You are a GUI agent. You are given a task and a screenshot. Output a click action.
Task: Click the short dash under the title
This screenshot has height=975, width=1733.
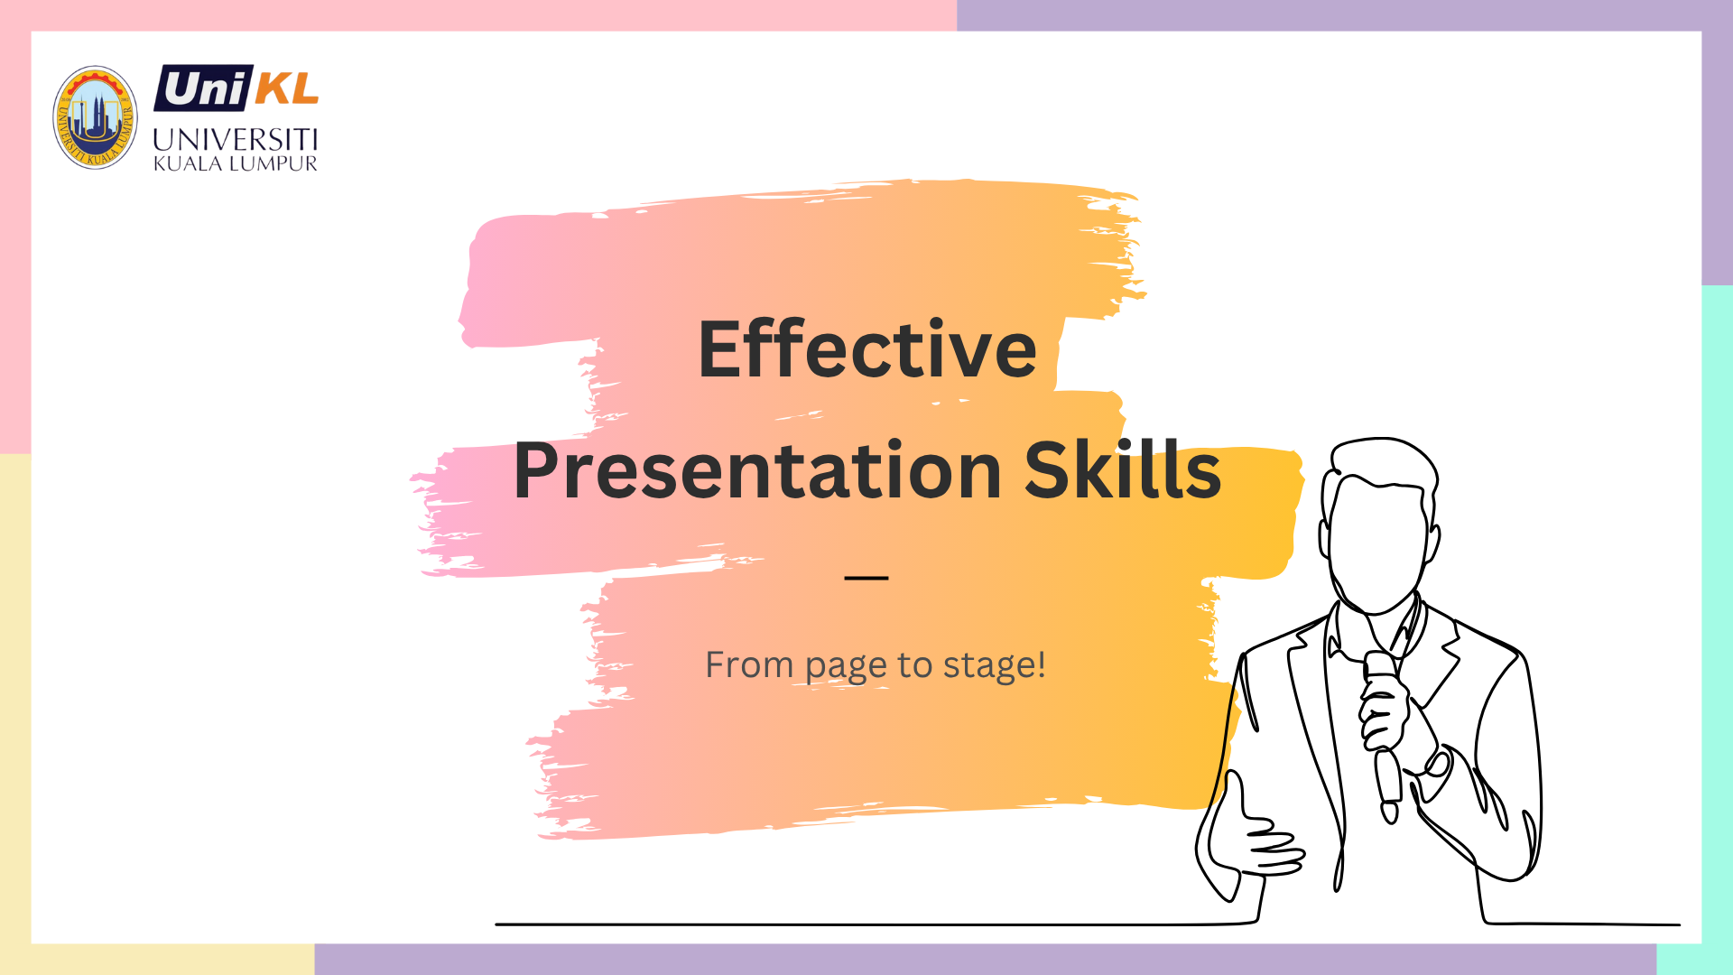pyautogui.click(x=866, y=577)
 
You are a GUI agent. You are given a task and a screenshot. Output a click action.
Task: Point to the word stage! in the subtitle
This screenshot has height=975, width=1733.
pyautogui.click(x=994, y=665)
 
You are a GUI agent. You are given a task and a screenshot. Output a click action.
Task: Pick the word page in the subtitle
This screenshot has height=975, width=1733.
pyautogui.click(x=846, y=668)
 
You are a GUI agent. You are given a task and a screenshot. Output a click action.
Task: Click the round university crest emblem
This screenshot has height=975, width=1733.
pyautogui.click(x=95, y=117)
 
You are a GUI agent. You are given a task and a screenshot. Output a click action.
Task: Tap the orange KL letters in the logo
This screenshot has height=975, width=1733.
pyautogui.click(x=287, y=88)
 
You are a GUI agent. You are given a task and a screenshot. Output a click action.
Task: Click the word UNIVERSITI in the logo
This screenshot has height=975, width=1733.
pyautogui.click(x=236, y=140)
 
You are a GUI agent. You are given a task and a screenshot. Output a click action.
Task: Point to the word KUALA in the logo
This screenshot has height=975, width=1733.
pyautogui.click(x=188, y=163)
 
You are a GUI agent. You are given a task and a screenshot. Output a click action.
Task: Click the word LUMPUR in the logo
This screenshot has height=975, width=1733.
pyautogui.click(x=273, y=163)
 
